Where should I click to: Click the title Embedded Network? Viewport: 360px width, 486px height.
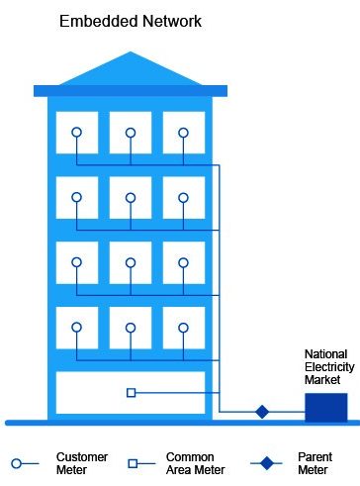click(x=130, y=20)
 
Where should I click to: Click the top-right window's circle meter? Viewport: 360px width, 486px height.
click(x=183, y=132)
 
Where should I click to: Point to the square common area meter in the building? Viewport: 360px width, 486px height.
click(x=131, y=393)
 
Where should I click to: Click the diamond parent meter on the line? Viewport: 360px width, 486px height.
click(x=262, y=411)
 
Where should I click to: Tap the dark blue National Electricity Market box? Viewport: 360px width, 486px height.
click(x=325, y=407)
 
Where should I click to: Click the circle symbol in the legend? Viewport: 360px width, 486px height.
click(x=18, y=462)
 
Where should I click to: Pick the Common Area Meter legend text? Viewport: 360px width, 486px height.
click(x=196, y=463)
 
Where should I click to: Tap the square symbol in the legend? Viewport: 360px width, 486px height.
click(x=133, y=462)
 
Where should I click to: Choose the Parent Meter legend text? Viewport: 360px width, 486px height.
click(x=314, y=463)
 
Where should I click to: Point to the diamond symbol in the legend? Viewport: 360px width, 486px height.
click(x=264, y=462)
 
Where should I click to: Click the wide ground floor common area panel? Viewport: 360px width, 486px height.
click(x=130, y=392)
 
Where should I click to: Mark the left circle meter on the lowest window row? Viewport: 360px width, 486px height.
click(x=76, y=327)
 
